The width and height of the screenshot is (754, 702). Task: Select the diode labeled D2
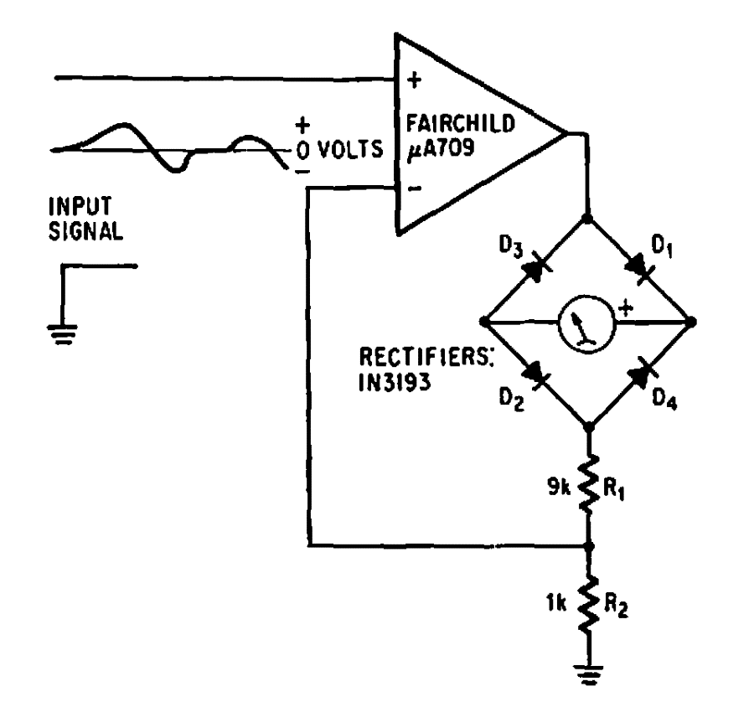pos(536,374)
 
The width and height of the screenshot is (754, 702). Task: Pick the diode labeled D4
pos(640,374)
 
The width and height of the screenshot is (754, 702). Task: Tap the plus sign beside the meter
pos(624,309)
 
